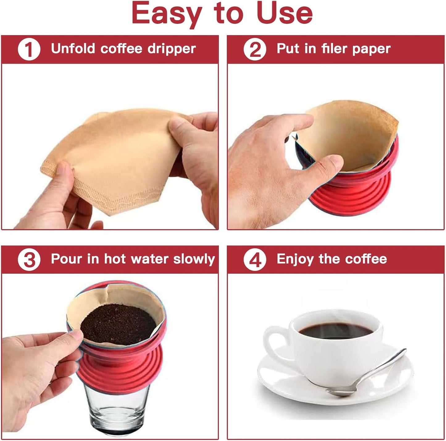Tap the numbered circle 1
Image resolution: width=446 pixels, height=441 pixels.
pos(29,49)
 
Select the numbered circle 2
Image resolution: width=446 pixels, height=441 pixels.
pos(254,49)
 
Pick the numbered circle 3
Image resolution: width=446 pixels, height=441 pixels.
pos(29,260)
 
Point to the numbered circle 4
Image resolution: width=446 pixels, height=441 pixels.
pos(254,260)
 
